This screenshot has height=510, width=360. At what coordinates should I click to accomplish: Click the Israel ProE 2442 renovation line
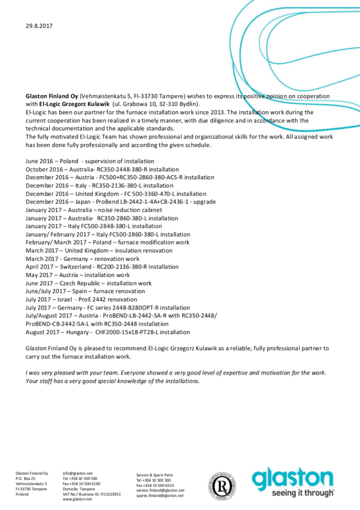click(82, 300)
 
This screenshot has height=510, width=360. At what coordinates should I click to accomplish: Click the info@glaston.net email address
click(77, 473)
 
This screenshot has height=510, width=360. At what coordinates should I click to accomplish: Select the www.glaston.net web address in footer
click(77, 499)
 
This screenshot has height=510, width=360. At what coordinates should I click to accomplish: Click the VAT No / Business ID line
click(91, 494)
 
